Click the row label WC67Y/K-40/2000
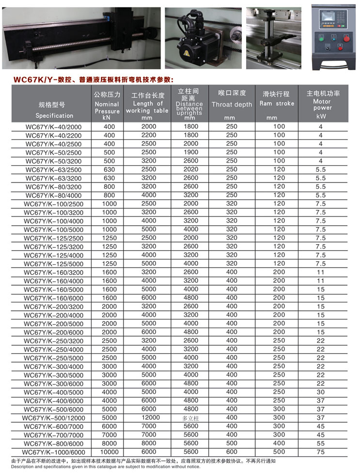pos(54,127)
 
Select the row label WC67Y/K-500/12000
pos(53,418)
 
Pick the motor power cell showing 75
pos(320,452)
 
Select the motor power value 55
pos(320,444)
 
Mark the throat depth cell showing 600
pos(232,452)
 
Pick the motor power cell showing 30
pos(320,392)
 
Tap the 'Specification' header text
pos(54,116)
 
